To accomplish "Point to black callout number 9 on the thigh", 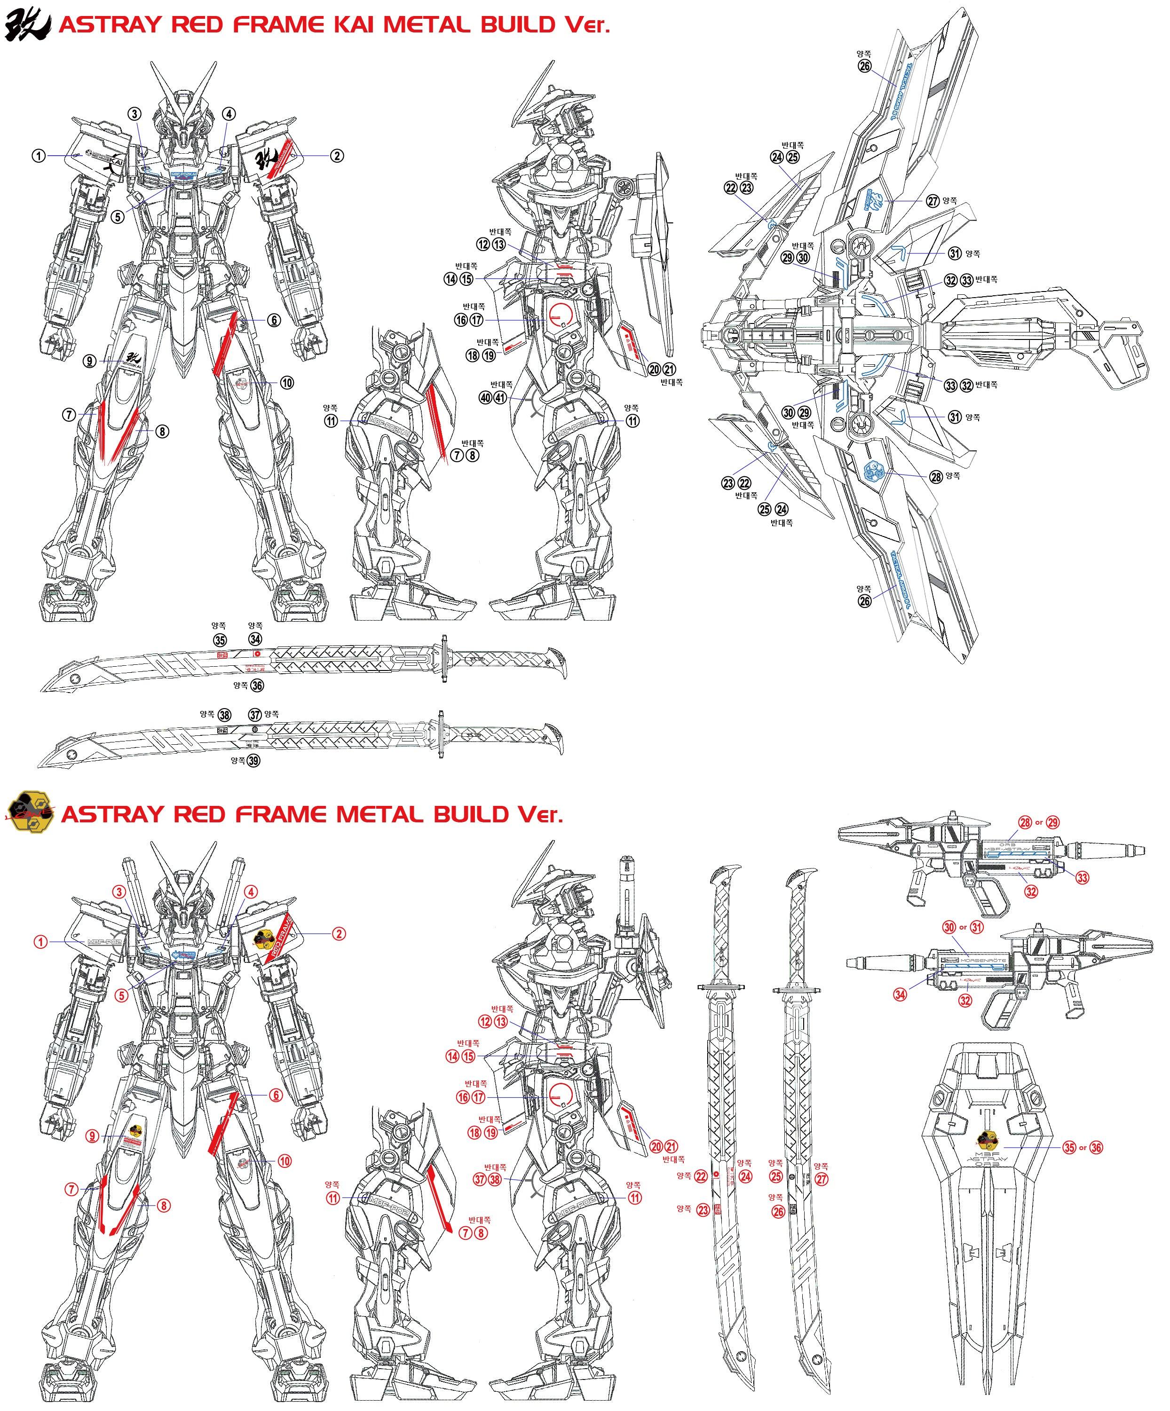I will coord(90,361).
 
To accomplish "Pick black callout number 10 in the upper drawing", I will coord(287,383).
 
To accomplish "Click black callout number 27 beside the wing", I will coord(933,201).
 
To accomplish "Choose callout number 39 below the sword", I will coord(253,761).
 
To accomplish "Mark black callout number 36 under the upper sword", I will coord(257,686).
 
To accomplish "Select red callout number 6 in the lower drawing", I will coord(276,1095).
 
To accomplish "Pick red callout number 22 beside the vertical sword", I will coord(701,1176).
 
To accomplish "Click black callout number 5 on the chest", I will coord(118,217).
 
